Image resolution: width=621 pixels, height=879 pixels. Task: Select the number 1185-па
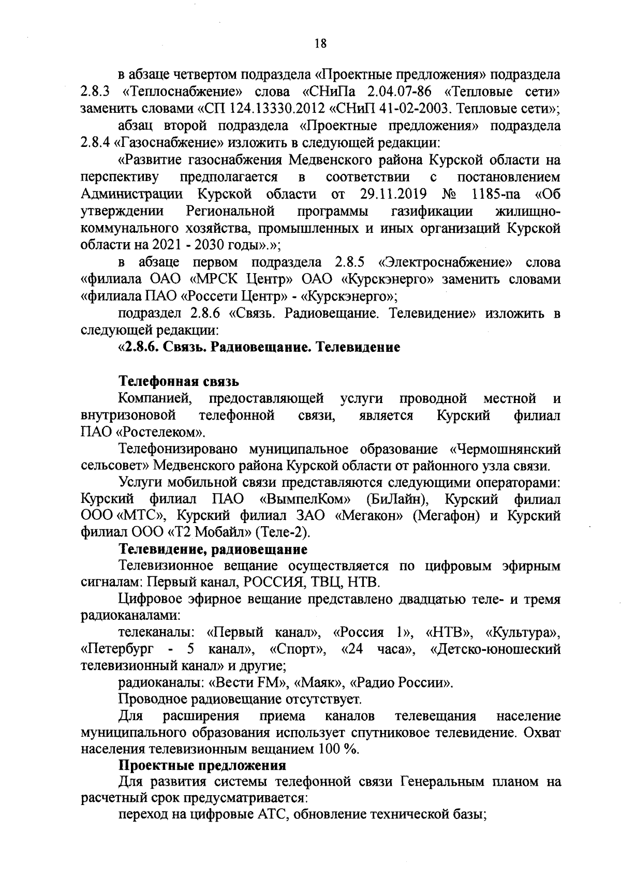pos(496,194)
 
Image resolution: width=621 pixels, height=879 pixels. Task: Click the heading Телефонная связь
pos(179,381)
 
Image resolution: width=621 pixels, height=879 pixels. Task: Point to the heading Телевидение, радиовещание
pos(213,548)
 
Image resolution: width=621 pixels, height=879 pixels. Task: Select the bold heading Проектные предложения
pos(202,765)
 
